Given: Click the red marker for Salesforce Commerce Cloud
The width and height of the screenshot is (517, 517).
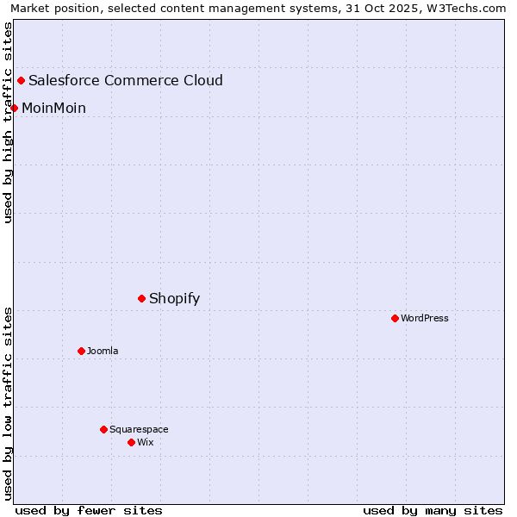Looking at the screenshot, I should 22,81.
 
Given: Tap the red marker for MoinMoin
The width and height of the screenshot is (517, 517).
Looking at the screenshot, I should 15,108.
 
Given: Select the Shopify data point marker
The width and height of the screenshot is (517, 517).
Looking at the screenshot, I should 142,299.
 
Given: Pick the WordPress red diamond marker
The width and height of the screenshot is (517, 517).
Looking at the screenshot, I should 396,319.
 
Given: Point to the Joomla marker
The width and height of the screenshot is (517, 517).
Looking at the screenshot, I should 82,352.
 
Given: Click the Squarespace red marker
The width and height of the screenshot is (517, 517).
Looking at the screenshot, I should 104,430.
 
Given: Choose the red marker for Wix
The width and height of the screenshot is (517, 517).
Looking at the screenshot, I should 132,443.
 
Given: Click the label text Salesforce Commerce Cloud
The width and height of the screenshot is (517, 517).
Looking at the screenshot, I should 126,81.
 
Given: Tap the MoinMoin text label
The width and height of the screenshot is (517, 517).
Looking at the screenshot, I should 53,109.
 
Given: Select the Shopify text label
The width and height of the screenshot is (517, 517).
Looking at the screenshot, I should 174,299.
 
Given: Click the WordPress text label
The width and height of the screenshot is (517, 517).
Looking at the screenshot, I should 425,319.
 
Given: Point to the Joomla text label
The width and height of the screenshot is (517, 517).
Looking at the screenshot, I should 103,352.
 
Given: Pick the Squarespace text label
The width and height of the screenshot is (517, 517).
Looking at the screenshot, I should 139,430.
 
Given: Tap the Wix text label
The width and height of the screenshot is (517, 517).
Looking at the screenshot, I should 146,443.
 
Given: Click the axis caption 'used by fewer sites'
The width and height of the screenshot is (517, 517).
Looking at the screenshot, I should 89,510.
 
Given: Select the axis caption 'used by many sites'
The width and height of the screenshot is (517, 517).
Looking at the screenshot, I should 433,510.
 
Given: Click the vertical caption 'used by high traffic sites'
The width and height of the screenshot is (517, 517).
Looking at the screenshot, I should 9,122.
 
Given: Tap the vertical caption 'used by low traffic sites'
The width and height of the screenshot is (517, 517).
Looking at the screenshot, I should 9,403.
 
